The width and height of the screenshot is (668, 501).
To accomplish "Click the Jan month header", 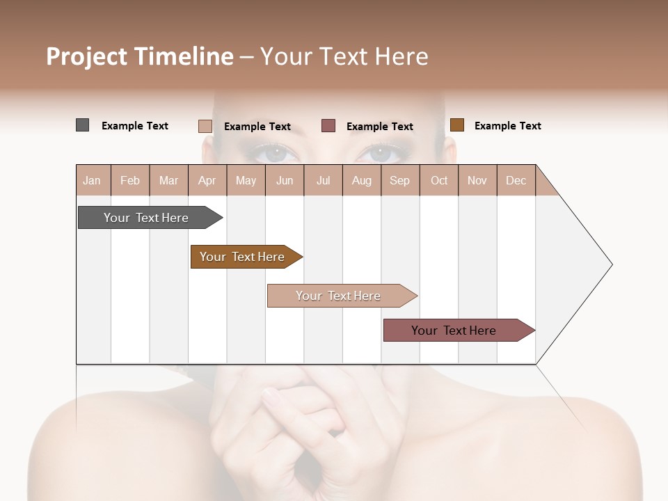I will pyautogui.click(x=93, y=180).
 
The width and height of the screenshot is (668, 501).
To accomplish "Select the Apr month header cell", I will pyautogui.click(x=207, y=180).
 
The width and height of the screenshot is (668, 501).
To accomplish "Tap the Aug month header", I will pyautogui.click(x=362, y=180).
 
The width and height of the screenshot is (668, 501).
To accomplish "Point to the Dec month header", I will pyautogui.click(x=516, y=180).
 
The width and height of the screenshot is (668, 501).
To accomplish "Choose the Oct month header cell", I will pyautogui.click(x=439, y=180).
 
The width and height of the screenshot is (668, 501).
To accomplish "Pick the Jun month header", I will pyautogui.click(x=285, y=180).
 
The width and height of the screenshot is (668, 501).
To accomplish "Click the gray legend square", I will pyautogui.click(x=82, y=125).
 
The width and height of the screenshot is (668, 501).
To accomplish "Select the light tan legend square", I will pyautogui.click(x=205, y=126).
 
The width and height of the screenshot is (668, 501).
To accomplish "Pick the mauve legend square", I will pyautogui.click(x=328, y=125).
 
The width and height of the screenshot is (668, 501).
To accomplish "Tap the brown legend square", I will pyautogui.click(x=456, y=125).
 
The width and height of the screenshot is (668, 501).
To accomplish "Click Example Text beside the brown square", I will pyautogui.click(x=507, y=126).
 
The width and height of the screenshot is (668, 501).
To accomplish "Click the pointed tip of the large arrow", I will pyautogui.click(x=610, y=264).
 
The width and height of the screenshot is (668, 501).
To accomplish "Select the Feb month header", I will pyautogui.click(x=130, y=180).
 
